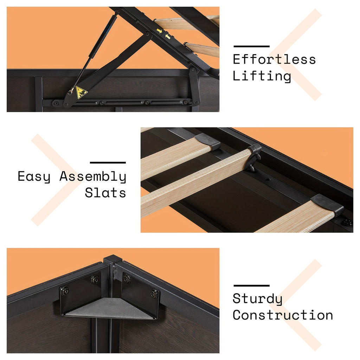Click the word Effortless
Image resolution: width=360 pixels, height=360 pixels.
[274, 59]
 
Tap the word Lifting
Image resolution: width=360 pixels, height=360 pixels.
[262, 76]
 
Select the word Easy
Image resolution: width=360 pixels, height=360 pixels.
[34, 176]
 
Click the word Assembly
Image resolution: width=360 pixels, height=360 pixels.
[93, 176]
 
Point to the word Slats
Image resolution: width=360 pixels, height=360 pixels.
[105, 193]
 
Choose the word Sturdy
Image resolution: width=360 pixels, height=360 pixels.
[257, 299]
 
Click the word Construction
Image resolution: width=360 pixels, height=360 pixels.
[283, 315]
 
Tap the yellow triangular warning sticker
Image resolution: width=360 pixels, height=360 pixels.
[82, 92]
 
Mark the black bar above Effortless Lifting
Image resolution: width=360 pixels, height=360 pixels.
[251, 46]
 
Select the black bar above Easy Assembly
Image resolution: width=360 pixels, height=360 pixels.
[108, 162]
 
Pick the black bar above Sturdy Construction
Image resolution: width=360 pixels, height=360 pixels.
[251, 285]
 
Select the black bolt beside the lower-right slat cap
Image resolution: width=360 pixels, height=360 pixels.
[347, 222]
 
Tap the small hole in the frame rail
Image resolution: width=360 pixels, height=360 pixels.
[268, 179]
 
